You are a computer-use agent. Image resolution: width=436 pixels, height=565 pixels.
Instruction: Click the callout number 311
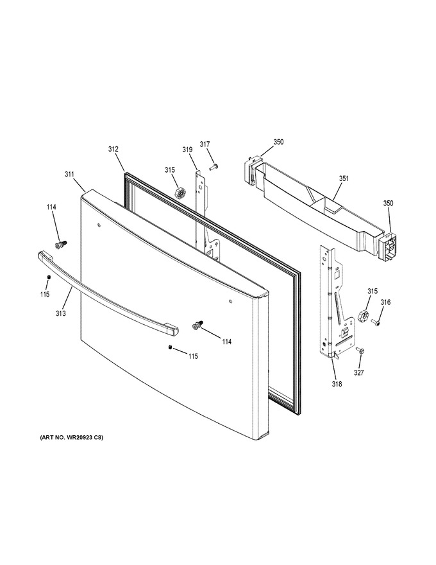69,175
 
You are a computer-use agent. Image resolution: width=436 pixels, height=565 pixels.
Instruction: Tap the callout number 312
113,149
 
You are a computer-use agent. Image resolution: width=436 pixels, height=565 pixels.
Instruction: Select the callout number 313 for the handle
61,313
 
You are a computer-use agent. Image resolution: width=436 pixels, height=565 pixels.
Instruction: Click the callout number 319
187,150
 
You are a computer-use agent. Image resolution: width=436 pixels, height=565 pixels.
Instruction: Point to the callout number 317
205,144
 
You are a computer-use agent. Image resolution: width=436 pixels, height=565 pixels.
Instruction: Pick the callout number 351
344,178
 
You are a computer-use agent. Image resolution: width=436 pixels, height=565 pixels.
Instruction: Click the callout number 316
385,302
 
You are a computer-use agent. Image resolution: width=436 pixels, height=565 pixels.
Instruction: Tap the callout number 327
358,372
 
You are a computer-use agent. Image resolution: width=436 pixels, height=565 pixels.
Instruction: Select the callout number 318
337,384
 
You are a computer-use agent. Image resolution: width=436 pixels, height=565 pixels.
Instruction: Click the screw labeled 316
376,322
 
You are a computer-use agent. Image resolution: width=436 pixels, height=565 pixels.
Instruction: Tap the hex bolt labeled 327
360,350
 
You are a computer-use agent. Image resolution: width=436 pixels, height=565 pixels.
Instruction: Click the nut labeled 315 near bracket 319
180,193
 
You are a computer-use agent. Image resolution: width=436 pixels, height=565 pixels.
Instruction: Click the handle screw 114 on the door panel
198,325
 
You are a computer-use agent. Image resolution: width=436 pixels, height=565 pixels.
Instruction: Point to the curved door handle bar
107,293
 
